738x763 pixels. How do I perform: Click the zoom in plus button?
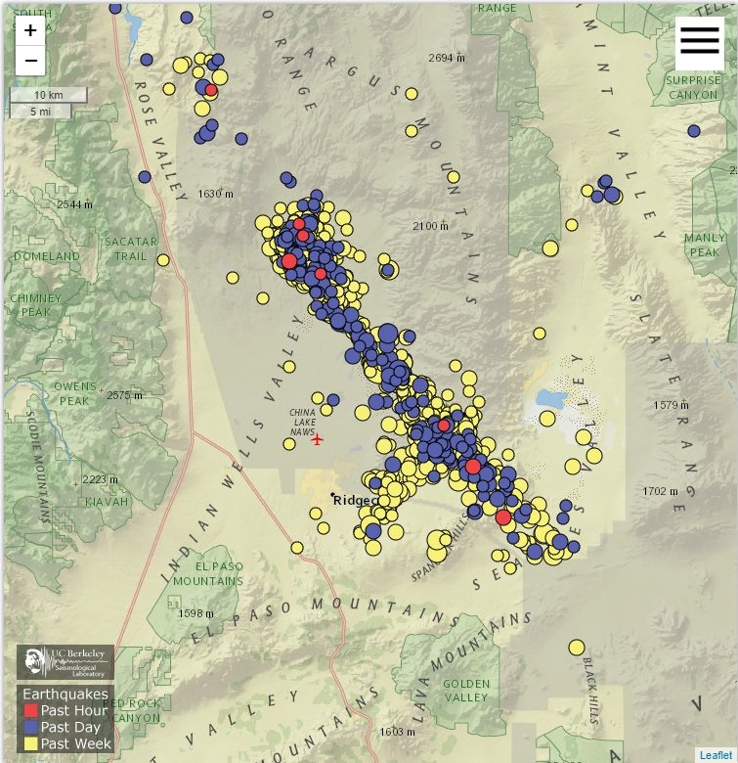coord(30,30)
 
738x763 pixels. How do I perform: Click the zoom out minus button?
coord(30,61)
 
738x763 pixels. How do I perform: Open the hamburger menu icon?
coord(699,41)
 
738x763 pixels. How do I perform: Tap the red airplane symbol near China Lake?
coord(317,439)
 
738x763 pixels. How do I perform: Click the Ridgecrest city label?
coord(355,500)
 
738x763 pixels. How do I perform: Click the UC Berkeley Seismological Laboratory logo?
coord(65,661)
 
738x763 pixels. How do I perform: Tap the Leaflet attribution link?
coord(716,754)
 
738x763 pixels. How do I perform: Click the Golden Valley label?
coord(465,691)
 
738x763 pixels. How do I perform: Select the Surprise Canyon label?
coord(693,88)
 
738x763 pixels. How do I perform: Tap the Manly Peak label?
coord(705,245)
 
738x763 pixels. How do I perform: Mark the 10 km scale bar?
coord(49,95)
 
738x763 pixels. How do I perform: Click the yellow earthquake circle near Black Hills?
coord(577,647)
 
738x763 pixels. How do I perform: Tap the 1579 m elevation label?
coord(672,404)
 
